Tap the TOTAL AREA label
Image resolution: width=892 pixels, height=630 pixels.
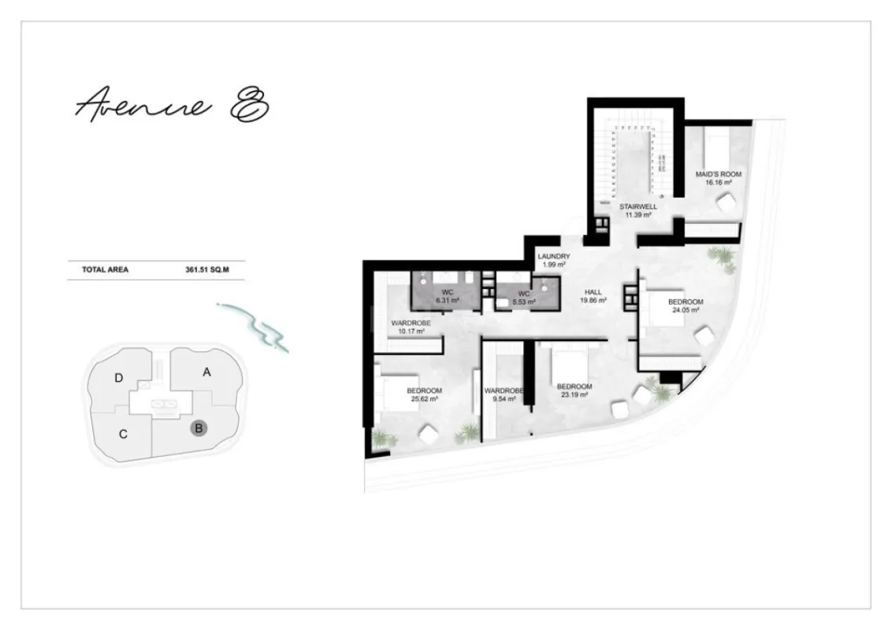(105, 269)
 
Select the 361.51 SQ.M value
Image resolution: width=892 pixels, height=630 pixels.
(206, 269)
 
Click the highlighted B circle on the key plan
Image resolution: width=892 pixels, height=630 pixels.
(200, 428)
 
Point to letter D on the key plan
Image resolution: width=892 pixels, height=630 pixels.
(118, 378)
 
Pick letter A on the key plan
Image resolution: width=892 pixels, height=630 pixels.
(206, 372)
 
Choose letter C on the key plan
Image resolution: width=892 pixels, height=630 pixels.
(124, 434)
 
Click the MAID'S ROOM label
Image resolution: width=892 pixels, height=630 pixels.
(718, 174)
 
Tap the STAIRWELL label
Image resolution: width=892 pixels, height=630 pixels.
(637, 206)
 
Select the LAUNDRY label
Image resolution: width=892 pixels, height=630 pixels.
(553, 257)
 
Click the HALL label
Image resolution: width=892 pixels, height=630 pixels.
(593, 291)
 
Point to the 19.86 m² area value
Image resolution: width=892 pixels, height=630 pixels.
(593, 301)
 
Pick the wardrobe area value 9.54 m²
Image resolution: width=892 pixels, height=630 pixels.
(504, 399)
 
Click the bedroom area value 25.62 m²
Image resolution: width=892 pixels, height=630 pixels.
(424, 399)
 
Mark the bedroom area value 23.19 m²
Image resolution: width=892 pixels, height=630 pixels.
(574, 395)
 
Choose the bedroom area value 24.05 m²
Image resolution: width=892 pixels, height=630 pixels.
(686, 310)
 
